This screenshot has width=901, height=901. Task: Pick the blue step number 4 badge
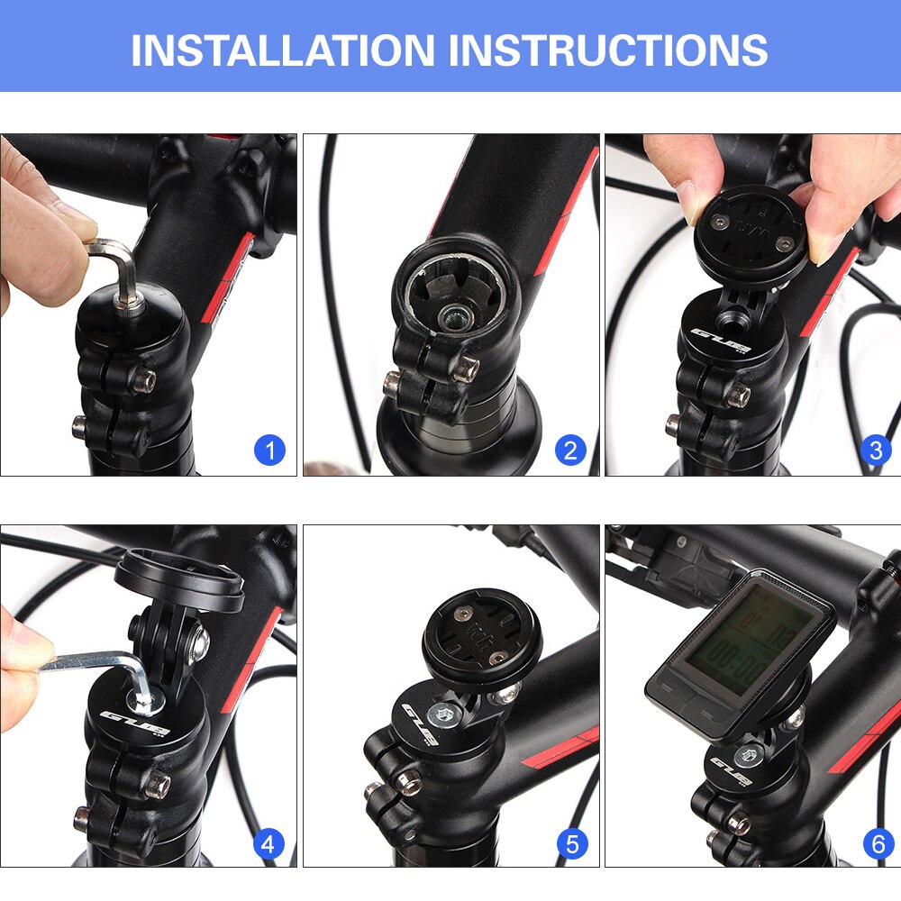268,844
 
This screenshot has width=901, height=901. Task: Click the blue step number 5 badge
571,844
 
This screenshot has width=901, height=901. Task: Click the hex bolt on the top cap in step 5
446,716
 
